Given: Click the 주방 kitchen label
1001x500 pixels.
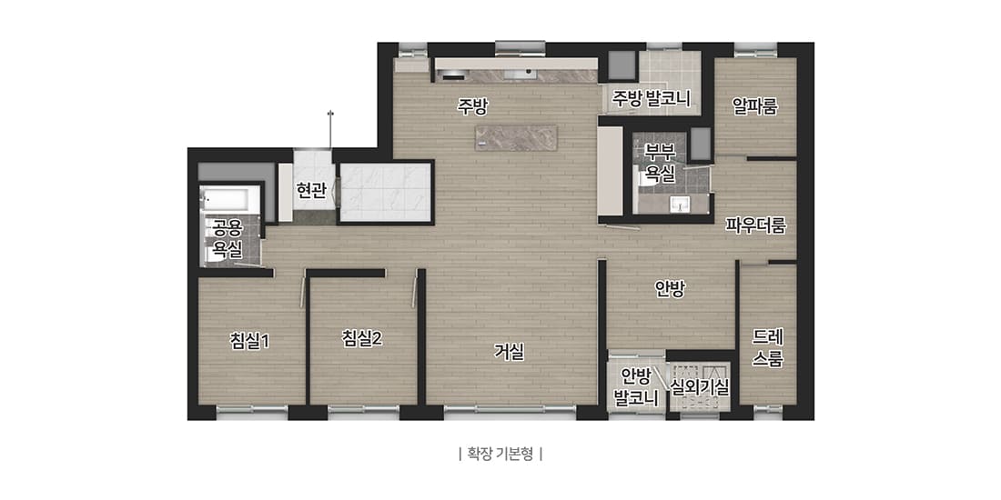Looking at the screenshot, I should point(472,106).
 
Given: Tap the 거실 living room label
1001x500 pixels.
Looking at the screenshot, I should point(509,352).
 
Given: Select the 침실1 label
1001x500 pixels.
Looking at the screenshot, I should point(249,340).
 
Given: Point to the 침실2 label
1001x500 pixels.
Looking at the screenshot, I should point(361,338).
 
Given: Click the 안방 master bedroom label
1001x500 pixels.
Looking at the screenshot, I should point(670,288).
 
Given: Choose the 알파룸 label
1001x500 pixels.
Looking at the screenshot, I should point(755,106).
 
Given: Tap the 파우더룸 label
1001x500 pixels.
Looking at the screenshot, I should point(755,225).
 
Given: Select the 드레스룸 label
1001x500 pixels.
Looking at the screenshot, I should point(768,347).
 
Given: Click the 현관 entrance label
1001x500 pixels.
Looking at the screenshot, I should point(311,190).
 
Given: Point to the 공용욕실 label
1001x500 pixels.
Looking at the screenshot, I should point(227,238).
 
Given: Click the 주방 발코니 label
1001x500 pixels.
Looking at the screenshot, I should point(651,97).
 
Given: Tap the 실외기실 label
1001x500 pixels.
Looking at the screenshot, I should point(699,385).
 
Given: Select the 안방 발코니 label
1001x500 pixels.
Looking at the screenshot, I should point(636,385).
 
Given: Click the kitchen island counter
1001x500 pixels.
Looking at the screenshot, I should point(516,137).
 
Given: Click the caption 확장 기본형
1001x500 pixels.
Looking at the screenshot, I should point(500,453).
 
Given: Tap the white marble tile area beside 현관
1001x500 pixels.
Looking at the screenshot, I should point(385,191).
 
